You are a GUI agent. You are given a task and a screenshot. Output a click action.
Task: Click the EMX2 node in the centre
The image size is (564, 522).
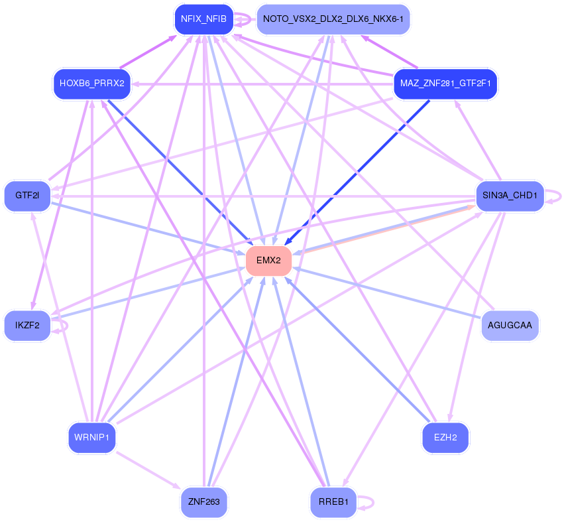tap(268, 261)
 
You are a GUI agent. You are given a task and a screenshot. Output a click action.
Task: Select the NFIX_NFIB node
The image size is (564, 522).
tap(203, 19)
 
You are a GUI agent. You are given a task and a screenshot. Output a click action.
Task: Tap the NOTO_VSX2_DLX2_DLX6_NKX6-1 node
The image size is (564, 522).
tap(333, 19)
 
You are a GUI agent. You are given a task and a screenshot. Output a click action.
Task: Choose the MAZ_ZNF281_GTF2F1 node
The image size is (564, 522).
tap(445, 84)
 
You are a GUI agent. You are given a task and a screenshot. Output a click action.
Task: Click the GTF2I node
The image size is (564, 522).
tap(27, 196)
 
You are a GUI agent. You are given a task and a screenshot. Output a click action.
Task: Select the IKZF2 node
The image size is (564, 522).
tap(27, 325)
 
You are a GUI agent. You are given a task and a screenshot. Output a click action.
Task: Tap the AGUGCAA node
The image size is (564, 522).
tap(510, 325)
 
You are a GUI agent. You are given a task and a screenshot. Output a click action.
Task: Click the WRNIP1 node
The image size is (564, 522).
tap(92, 438)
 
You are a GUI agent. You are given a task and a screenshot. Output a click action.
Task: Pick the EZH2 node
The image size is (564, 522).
tap(445, 438)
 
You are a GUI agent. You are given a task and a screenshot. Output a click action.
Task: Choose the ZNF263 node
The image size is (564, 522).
tap(203, 501)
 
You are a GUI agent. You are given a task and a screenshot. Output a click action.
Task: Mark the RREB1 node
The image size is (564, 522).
tap(333, 501)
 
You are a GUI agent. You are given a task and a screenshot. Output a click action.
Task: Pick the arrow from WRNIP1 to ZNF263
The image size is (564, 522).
tap(149, 470)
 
